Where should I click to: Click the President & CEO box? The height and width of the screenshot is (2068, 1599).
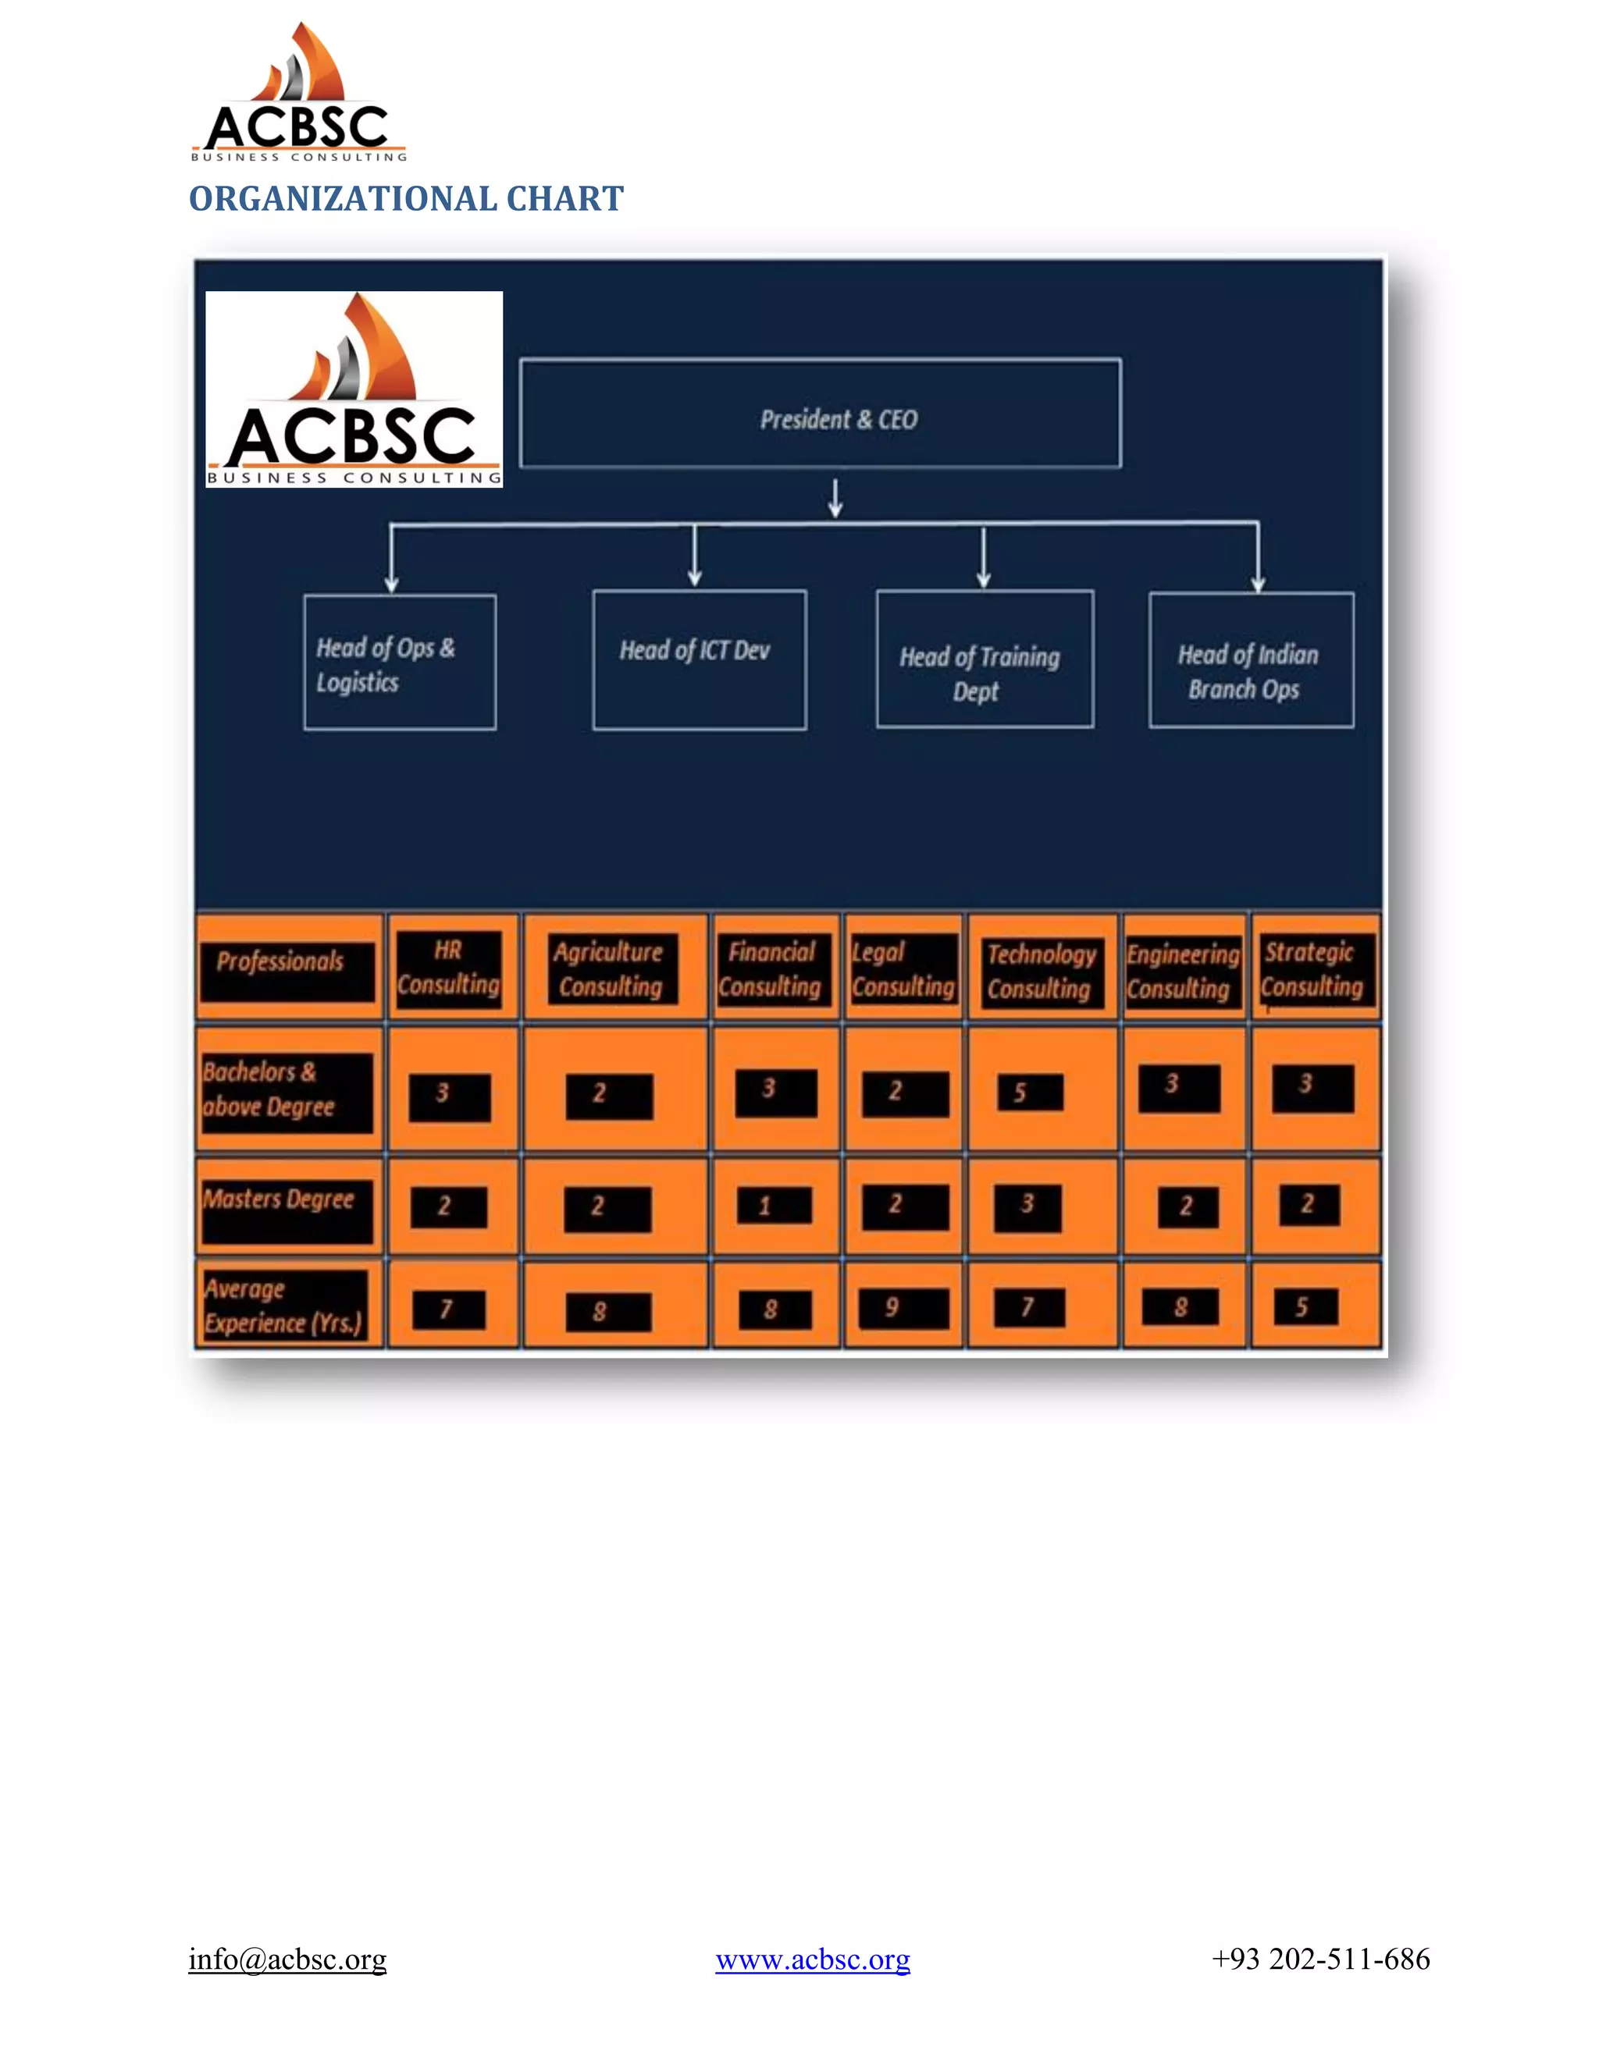tap(821, 414)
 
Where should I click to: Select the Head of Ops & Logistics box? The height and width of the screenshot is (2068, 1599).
tap(400, 663)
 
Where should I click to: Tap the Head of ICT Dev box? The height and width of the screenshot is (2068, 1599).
tap(699, 660)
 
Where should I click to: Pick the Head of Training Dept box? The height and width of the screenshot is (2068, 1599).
tap(985, 660)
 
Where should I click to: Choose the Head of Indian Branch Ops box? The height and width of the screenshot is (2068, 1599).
tap(1251, 661)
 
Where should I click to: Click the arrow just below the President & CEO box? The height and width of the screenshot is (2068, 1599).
tap(835, 498)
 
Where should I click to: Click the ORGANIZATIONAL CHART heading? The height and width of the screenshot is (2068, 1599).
tap(405, 199)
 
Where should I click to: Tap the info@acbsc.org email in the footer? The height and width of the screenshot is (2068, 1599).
tap(287, 1958)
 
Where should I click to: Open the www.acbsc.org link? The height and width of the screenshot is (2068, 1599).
tap(812, 1959)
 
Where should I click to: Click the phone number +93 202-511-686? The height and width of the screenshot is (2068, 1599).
tap(1320, 1958)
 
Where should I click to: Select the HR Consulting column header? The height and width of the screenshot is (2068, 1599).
tap(449, 968)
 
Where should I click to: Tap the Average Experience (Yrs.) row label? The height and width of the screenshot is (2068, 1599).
tap(285, 1306)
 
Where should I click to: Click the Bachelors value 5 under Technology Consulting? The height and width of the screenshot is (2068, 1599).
tap(1030, 1093)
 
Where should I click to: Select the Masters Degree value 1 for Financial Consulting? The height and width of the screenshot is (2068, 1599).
tap(773, 1206)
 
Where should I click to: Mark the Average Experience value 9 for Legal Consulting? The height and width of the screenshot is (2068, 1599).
tap(902, 1309)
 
